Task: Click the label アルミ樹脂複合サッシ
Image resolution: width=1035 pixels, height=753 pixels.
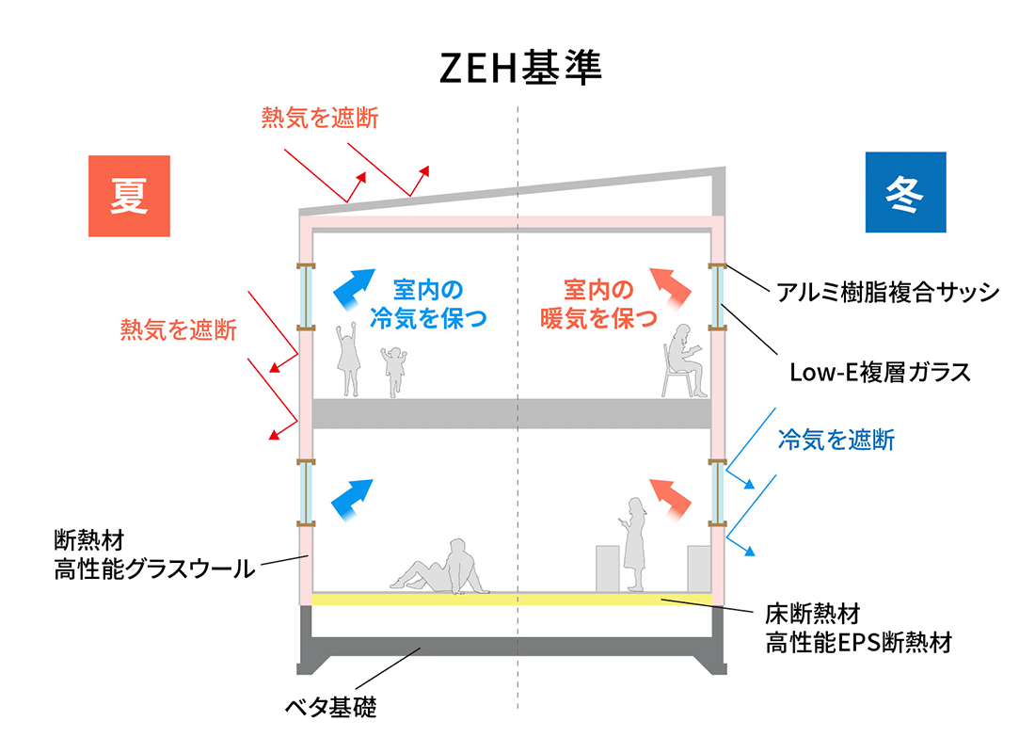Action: (887, 292)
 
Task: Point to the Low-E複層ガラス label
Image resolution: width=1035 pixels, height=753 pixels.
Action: (880, 372)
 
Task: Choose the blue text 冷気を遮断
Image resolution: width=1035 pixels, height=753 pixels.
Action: (836, 440)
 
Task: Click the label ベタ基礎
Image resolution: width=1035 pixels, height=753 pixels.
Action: (330, 707)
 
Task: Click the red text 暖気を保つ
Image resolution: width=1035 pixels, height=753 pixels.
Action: (598, 318)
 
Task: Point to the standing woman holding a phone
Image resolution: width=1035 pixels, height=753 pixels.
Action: (633, 546)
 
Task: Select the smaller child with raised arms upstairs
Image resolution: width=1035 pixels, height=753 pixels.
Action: (392, 370)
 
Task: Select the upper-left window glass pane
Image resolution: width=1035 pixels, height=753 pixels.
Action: (306, 296)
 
